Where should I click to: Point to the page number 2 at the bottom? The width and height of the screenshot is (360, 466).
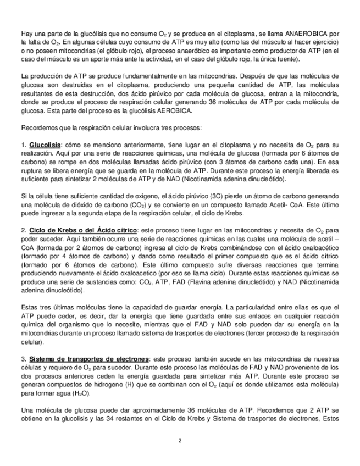pyautogui.click(x=180, y=440)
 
